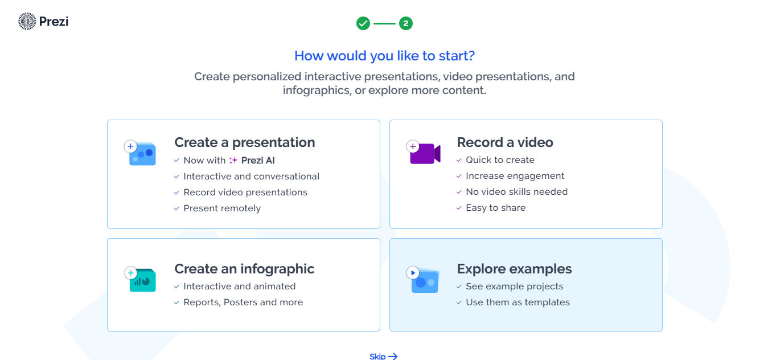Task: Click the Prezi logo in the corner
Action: click(x=43, y=22)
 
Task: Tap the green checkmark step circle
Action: click(x=363, y=23)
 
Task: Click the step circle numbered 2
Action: click(x=406, y=23)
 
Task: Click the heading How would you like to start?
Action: click(x=384, y=56)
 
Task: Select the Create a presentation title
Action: click(x=244, y=142)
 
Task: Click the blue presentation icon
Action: click(x=141, y=154)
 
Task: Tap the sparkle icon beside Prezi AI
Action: click(x=233, y=161)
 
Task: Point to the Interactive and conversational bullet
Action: click(x=251, y=177)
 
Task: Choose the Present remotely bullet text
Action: click(x=222, y=208)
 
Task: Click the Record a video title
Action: click(x=504, y=142)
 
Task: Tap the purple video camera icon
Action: click(x=424, y=154)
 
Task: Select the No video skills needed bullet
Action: click(x=516, y=192)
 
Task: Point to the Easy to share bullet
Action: click(x=495, y=208)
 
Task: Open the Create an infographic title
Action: click(x=244, y=269)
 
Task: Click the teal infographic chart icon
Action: click(x=141, y=280)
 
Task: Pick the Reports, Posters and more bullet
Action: click(x=243, y=302)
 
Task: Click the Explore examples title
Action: click(x=514, y=269)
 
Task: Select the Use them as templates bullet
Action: click(x=518, y=302)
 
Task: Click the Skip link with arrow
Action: click(x=383, y=356)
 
